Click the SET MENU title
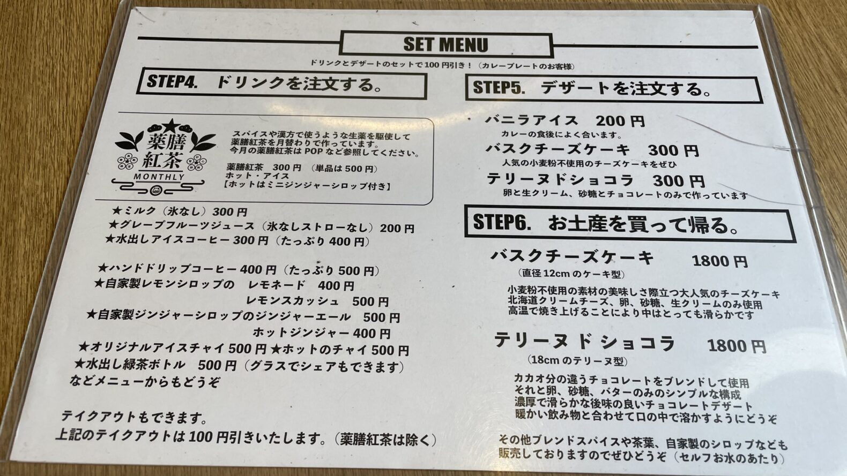pyautogui.click(x=445, y=44)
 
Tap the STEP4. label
pyautogui.click(x=172, y=81)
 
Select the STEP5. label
pyautogui.click(x=499, y=87)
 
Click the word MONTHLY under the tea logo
pyautogui.click(x=159, y=177)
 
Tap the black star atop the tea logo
pyautogui.click(x=171, y=125)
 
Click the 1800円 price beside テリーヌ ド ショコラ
pyautogui.click(x=737, y=346)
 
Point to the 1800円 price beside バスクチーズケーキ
pyautogui.click(x=720, y=261)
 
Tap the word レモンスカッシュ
pyautogui.click(x=292, y=301)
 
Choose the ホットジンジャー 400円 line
pyautogui.click(x=322, y=333)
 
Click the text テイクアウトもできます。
pyautogui.click(x=134, y=417)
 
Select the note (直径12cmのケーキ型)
pyautogui.click(x=571, y=274)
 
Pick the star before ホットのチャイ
pyautogui.click(x=276, y=349)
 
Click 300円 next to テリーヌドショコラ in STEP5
pyautogui.click(x=679, y=182)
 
